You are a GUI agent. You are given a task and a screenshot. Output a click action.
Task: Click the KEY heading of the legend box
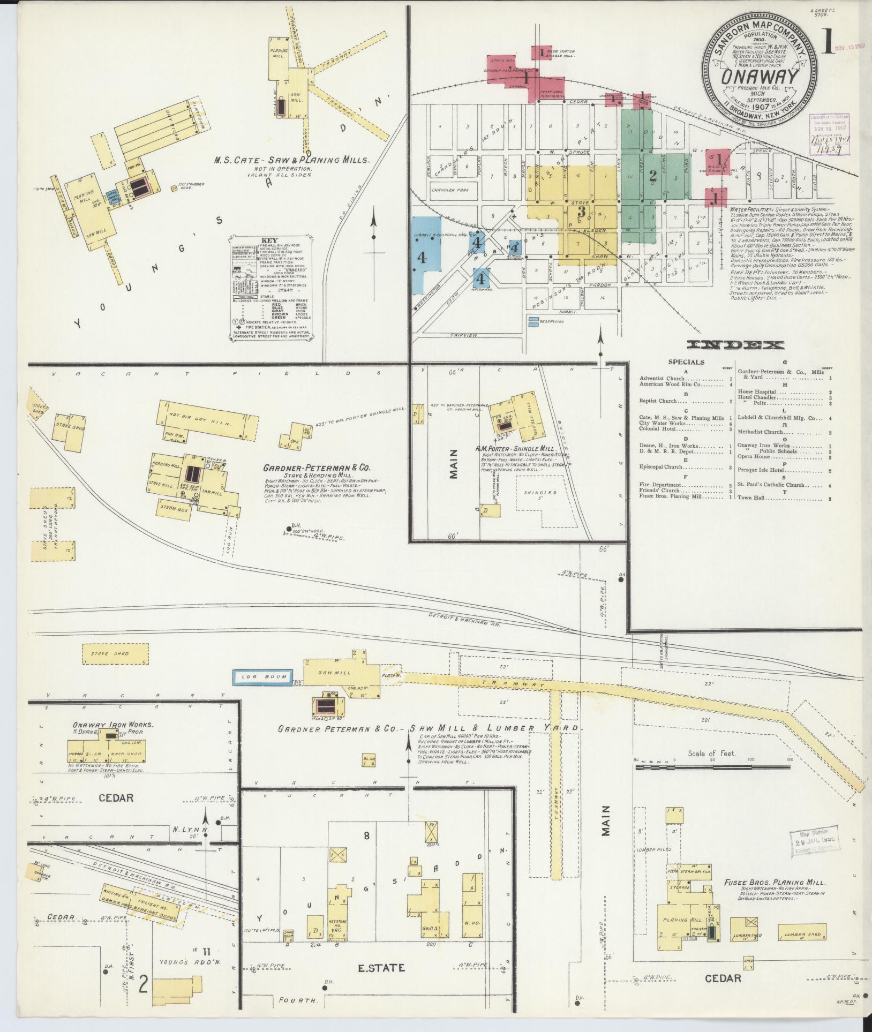click(x=269, y=240)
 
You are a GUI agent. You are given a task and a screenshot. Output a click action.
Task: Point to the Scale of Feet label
click(x=712, y=754)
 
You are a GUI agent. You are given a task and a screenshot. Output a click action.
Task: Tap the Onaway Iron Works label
click(x=112, y=725)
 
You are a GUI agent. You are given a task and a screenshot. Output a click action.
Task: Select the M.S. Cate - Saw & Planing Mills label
click(x=291, y=160)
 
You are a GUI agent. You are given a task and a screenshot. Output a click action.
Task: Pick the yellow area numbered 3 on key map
click(x=580, y=212)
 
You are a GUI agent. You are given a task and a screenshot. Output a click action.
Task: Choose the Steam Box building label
click(x=174, y=510)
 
